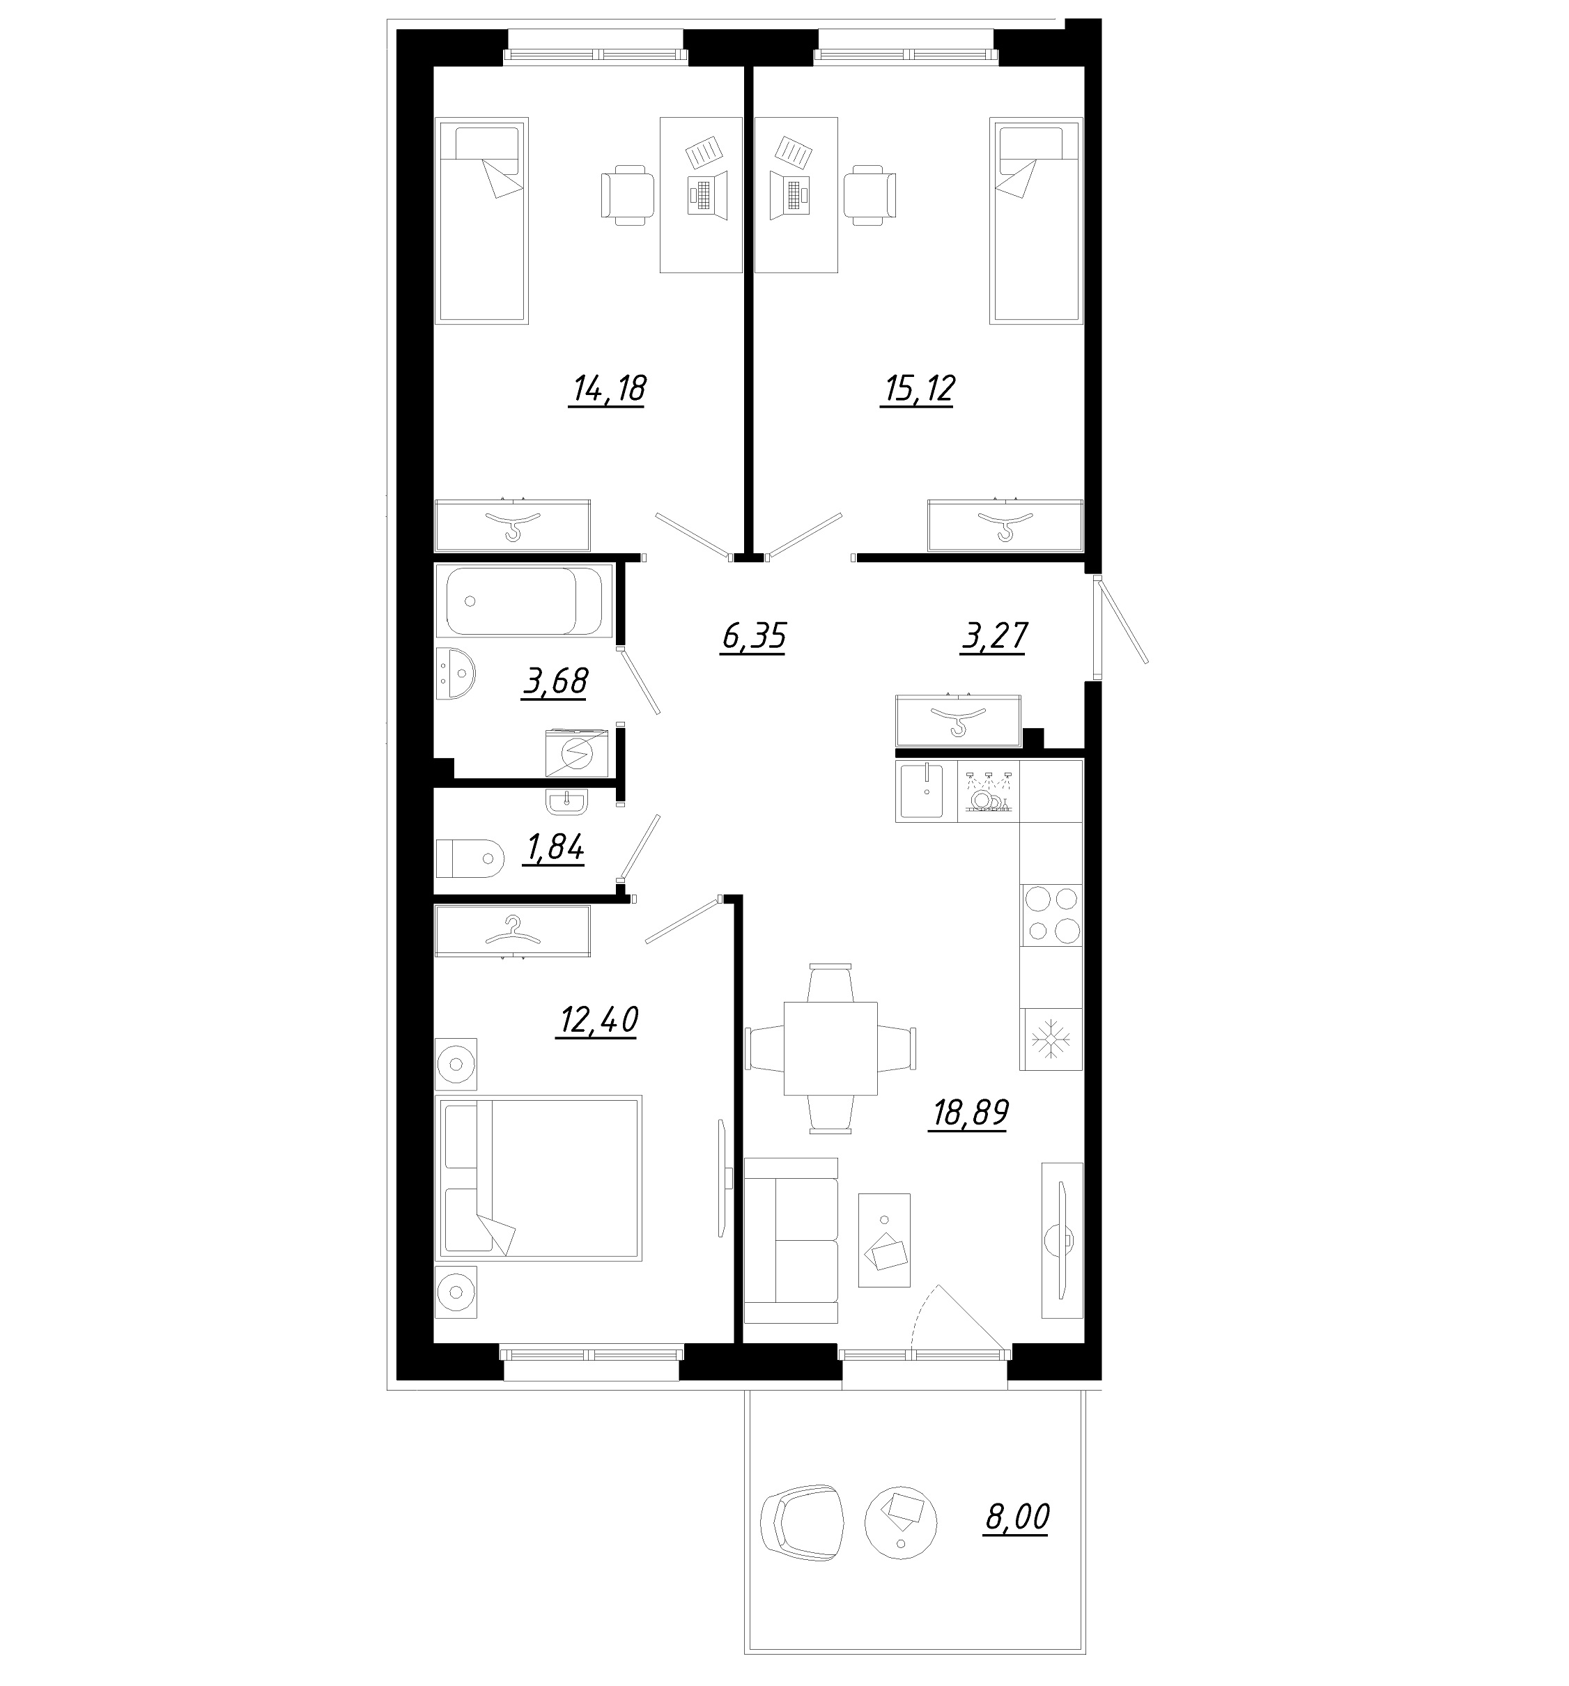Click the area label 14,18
click(608, 389)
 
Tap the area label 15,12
click(918, 389)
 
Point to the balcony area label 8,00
click(1016, 1515)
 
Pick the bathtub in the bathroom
click(524, 601)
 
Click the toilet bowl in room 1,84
click(469, 858)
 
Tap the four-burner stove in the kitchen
click(1051, 915)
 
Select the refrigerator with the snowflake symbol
click(1051, 1039)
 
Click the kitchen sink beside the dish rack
click(926, 791)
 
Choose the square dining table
click(830, 1049)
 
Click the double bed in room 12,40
click(539, 1178)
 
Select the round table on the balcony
click(901, 1522)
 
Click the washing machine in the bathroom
click(577, 752)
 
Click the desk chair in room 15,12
click(869, 195)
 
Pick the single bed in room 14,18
click(481, 220)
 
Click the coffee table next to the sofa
click(885, 1241)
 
